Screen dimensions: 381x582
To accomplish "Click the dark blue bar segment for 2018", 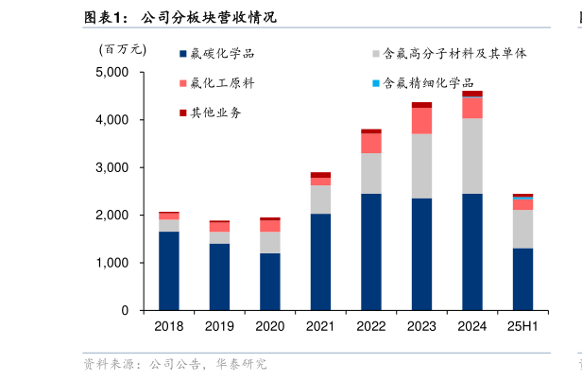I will [169, 270].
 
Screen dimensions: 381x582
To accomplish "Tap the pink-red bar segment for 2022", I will [371, 143].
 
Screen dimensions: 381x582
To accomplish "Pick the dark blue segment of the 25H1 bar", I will [522, 279].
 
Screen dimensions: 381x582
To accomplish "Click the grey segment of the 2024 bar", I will [472, 156].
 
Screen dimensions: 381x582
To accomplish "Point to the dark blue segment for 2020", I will [270, 281].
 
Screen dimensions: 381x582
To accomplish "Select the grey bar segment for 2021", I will [320, 199].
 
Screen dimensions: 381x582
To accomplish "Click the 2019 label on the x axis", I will [219, 326].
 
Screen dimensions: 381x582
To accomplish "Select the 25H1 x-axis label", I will [522, 326].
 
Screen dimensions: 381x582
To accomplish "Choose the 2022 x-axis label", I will [371, 326].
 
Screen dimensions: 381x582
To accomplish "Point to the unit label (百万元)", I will [123, 49].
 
